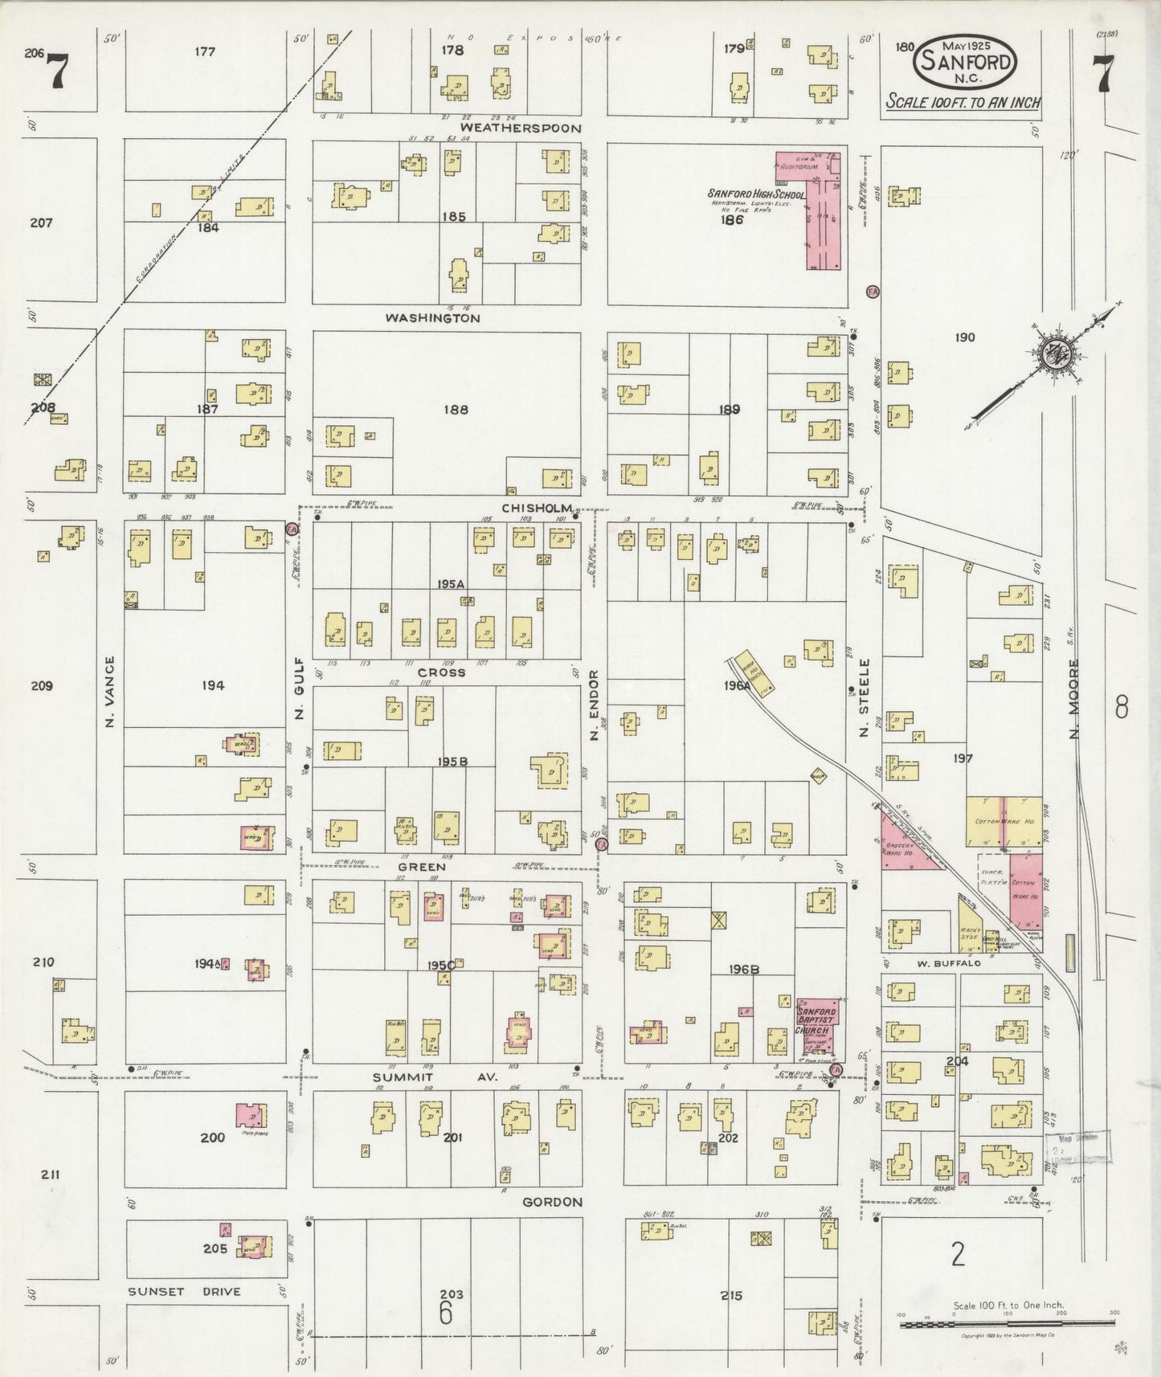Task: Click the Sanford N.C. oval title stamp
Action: (x=965, y=61)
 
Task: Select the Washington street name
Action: (x=432, y=318)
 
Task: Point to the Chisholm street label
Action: (x=537, y=509)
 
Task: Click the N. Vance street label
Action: (x=110, y=693)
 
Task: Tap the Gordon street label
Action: (x=552, y=1202)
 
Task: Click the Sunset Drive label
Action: (x=184, y=1292)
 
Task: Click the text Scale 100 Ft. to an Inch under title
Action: (x=963, y=103)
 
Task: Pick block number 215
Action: (x=731, y=1295)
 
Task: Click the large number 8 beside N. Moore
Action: (x=1122, y=707)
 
